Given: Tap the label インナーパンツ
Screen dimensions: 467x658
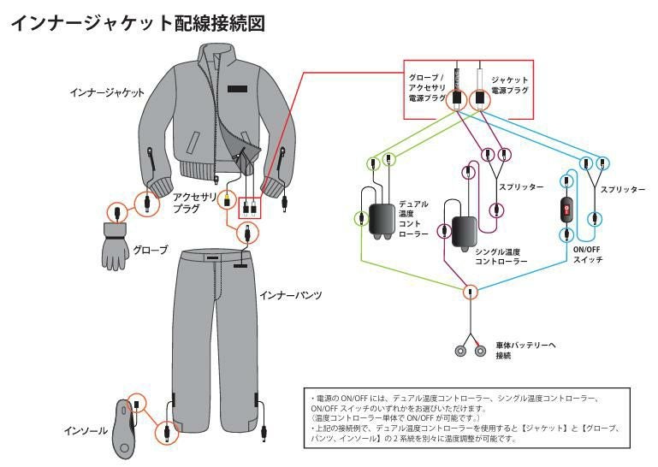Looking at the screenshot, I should point(290,295).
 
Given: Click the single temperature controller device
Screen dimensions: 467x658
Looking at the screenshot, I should point(464,230).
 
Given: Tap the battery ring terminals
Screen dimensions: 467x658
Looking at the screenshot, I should point(469,349).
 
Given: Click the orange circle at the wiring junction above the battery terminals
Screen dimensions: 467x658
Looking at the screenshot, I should point(469,292).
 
